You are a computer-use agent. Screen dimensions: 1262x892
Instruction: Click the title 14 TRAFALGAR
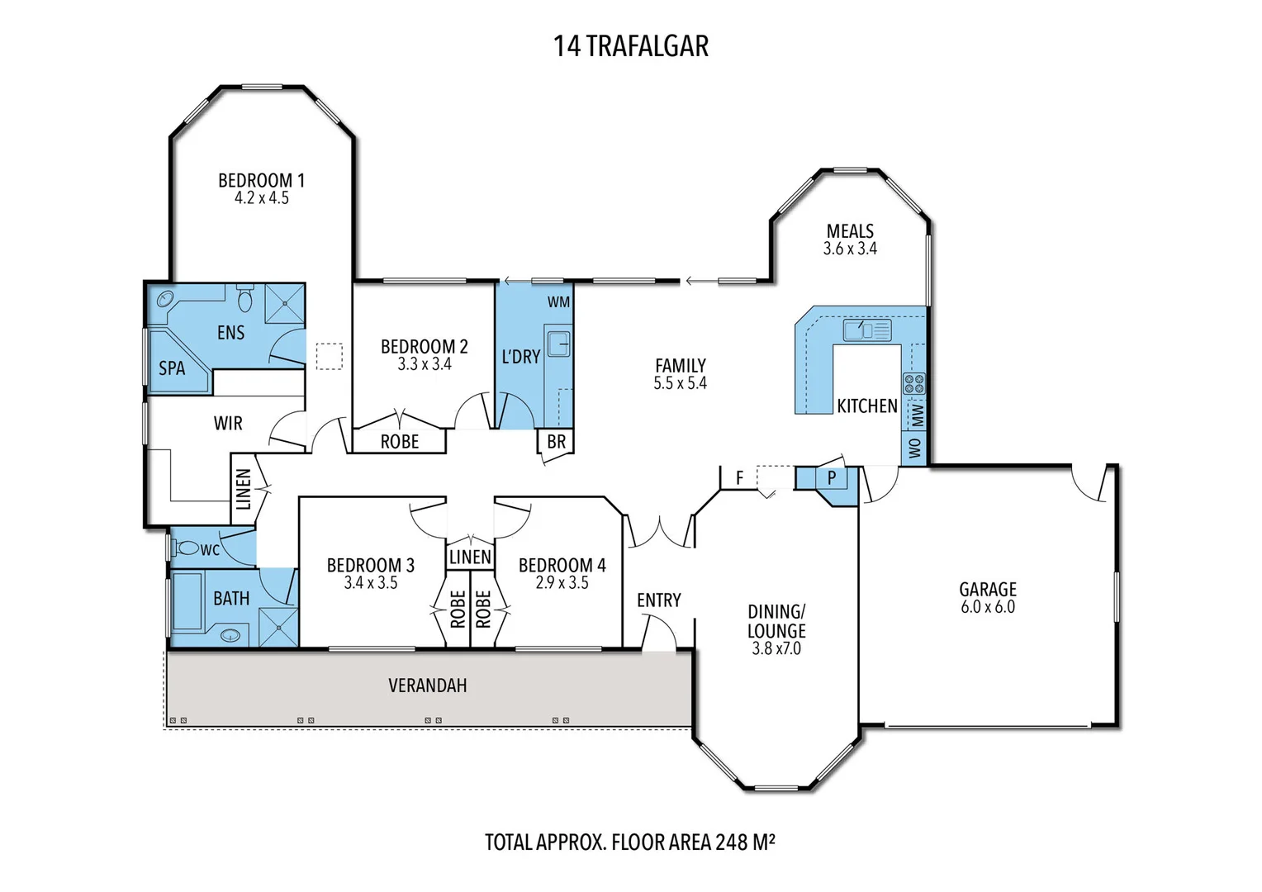[630, 46]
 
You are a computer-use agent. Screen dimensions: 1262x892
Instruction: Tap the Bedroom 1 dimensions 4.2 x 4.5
[262, 197]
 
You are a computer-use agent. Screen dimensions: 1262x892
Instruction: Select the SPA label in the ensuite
[172, 368]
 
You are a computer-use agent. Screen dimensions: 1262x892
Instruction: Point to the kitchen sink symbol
[867, 330]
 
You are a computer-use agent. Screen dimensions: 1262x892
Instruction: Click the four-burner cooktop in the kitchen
[913, 384]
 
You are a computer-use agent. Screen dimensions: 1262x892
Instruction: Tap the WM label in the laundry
[558, 302]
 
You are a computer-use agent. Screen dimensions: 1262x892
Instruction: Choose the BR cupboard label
[556, 442]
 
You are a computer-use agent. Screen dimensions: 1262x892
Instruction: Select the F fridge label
[739, 478]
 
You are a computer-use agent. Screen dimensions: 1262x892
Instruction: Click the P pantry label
[832, 478]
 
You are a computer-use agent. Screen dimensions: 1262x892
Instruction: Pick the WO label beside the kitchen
[914, 448]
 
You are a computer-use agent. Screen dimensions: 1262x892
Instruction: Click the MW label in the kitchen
[918, 415]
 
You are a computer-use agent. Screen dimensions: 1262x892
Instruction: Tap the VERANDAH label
[428, 686]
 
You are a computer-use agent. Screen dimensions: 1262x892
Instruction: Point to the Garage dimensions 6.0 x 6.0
[988, 607]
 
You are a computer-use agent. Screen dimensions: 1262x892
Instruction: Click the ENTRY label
[658, 600]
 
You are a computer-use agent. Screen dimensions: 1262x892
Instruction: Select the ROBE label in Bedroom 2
[400, 442]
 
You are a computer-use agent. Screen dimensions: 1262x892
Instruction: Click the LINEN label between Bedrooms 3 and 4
[470, 557]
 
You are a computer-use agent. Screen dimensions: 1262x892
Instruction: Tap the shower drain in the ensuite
[285, 304]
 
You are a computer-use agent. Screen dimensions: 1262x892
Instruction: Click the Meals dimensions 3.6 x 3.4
[850, 249]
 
